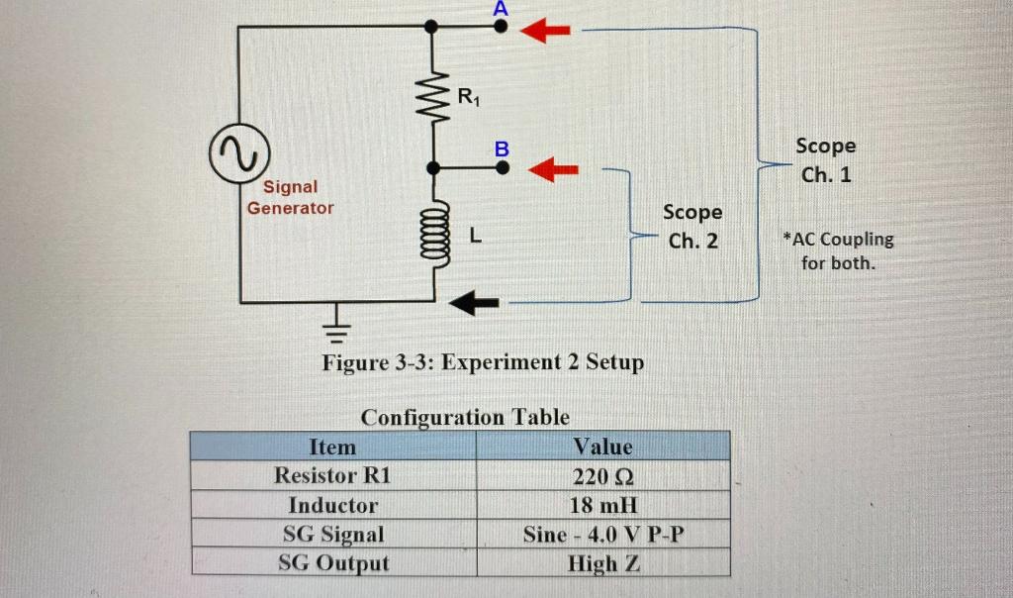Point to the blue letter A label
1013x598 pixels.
(x=501, y=8)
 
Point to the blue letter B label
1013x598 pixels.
(x=502, y=149)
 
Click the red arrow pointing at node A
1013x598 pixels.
(x=546, y=32)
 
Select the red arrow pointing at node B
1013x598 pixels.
(x=552, y=170)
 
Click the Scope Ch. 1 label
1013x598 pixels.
(x=826, y=159)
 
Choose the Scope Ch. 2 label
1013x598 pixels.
(x=692, y=226)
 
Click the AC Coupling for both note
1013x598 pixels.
(x=837, y=251)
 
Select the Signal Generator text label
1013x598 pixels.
(x=290, y=197)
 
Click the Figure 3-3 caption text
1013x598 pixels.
(x=483, y=361)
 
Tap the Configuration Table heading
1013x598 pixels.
(x=465, y=417)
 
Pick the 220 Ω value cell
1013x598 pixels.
(x=602, y=475)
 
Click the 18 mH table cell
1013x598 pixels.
(x=602, y=505)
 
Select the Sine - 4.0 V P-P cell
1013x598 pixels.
(x=602, y=535)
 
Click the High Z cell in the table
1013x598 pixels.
(x=602, y=563)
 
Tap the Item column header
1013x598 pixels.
(x=332, y=447)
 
